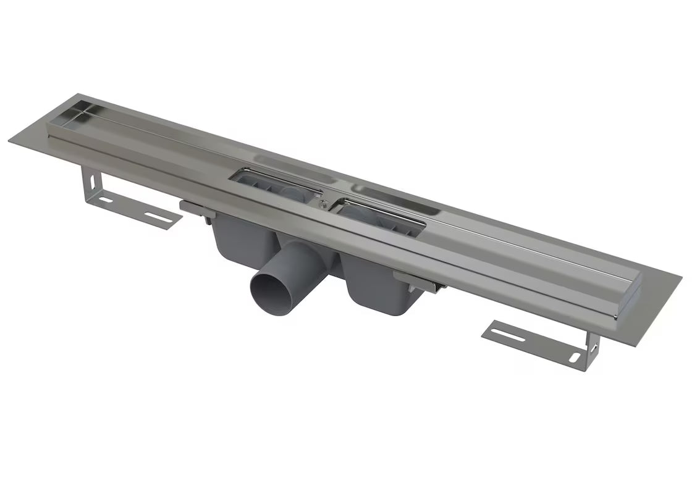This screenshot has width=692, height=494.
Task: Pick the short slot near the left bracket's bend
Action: [x=106, y=199]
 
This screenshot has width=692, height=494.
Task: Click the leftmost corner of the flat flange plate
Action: [x=10, y=141]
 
